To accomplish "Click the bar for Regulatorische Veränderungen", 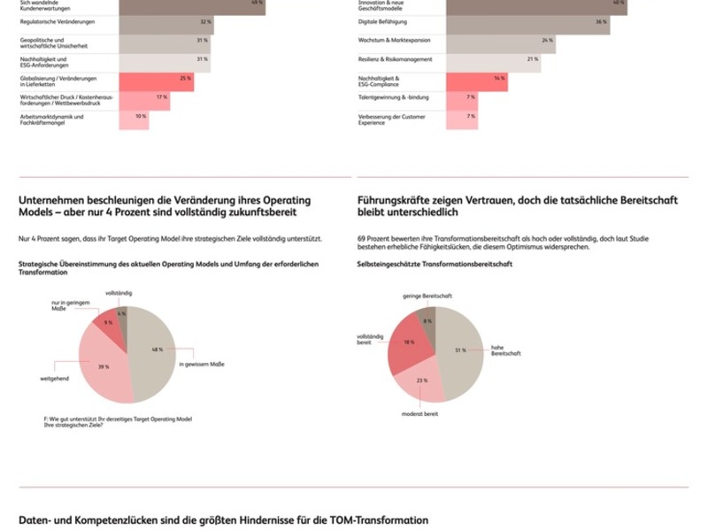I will (166, 21).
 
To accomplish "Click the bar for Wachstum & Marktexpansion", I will (500, 41).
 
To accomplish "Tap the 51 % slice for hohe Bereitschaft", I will (459, 350).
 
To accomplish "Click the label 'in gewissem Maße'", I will (203, 365).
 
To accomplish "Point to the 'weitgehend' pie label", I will (54, 379).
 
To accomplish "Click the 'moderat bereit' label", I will (420, 413).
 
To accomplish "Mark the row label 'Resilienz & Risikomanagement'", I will (396, 59).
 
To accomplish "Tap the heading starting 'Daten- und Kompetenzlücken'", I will (223, 520).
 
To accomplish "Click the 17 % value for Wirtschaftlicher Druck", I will (162, 97).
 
